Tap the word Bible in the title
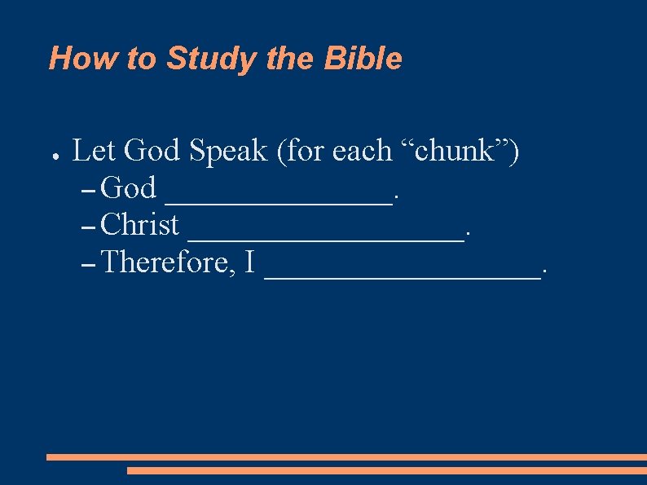coord(363,59)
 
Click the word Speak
coord(228,150)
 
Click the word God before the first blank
coord(130,187)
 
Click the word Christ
coord(141,224)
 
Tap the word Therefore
coord(167,262)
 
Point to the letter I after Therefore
coord(249,262)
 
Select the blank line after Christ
coord(326,239)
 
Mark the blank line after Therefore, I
coord(403,277)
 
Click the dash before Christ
coord(90,227)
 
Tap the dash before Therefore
coord(90,264)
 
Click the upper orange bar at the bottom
coord(346,457)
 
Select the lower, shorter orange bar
coord(386,470)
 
